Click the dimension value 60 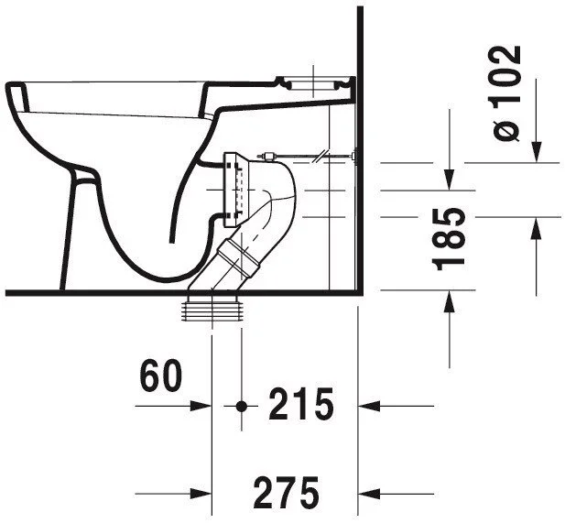coord(161,376)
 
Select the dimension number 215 coord(301,405)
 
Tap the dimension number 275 coord(287,493)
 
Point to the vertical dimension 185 coord(448,239)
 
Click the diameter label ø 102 coord(506,93)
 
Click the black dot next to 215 coord(241,406)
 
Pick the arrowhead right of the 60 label coord(201,406)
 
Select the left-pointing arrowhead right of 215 coord(369,406)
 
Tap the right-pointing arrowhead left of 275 coord(201,494)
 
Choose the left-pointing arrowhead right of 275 coord(369,494)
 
